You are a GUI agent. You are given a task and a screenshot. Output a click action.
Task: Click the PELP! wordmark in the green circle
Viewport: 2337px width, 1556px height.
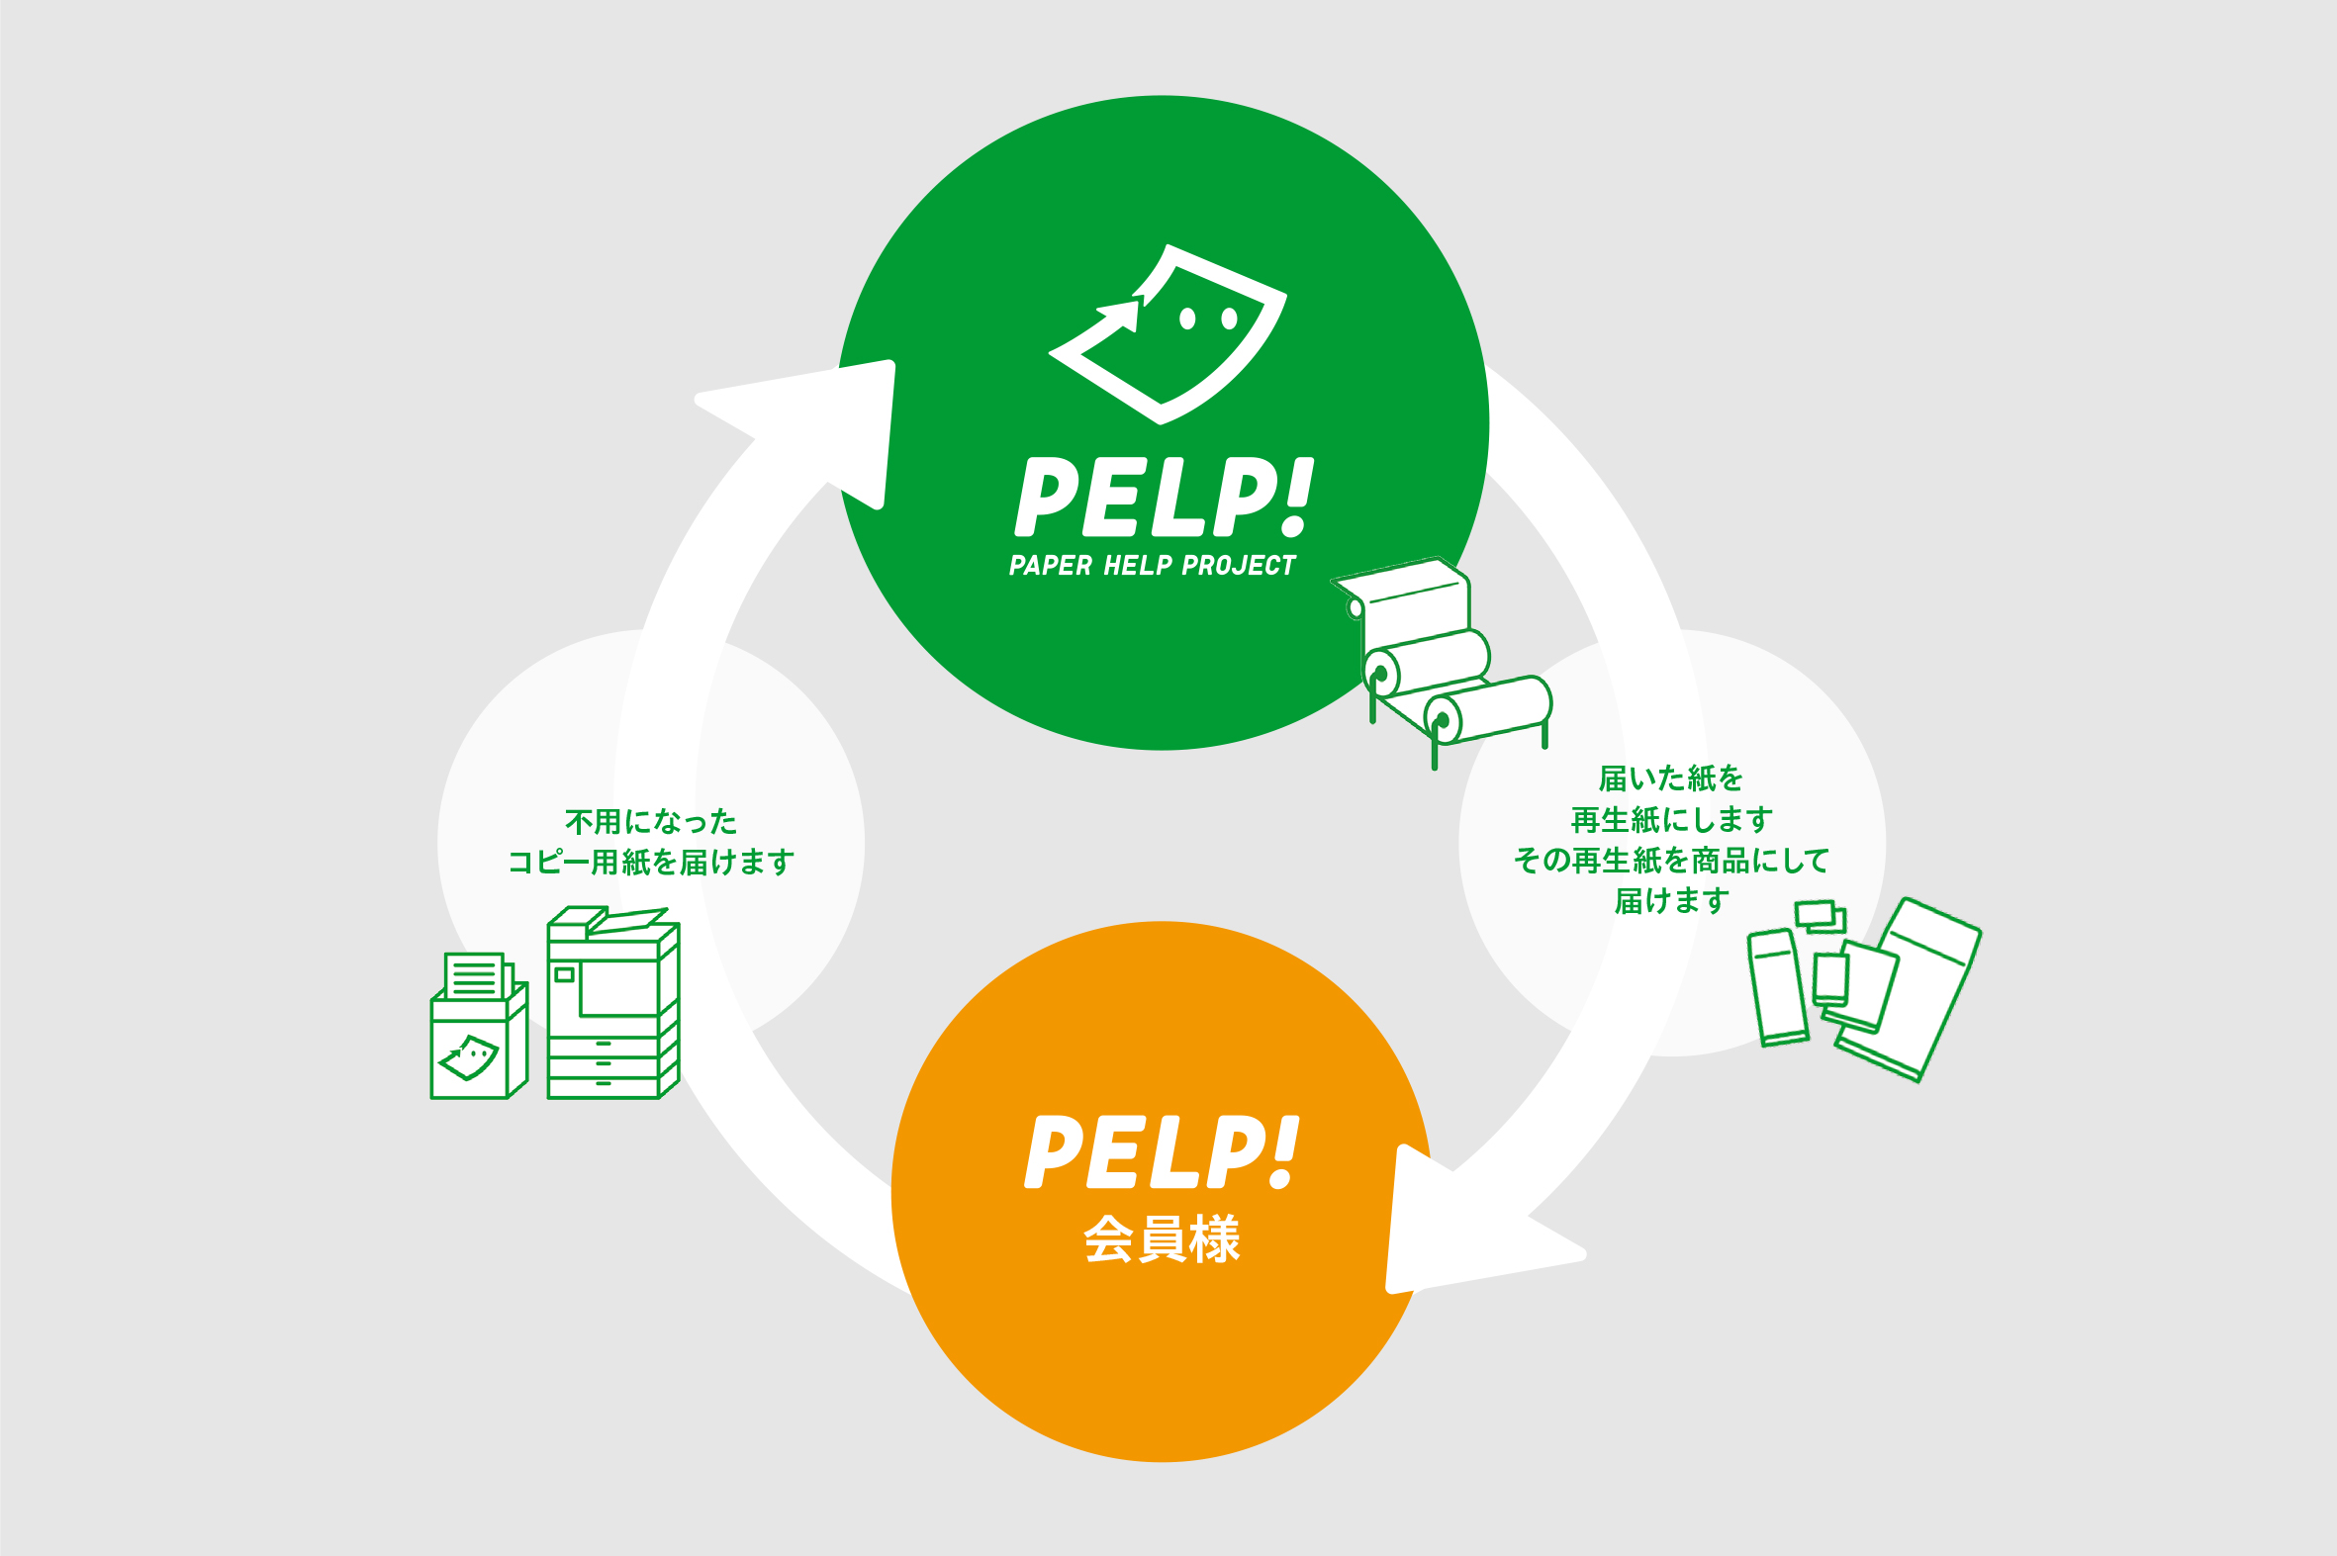coord(1163,498)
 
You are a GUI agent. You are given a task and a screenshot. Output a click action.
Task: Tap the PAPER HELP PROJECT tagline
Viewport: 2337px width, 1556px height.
coord(1152,566)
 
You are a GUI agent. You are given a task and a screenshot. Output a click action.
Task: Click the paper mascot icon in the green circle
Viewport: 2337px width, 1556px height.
coord(1168,334)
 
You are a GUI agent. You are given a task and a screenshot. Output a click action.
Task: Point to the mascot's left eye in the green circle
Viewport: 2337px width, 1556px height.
coord(1187,319)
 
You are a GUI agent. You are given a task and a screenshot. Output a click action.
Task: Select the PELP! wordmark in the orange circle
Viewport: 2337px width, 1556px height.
coord(1161,1152)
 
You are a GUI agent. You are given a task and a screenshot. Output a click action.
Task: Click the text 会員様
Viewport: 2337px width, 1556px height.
coord(1162,1238)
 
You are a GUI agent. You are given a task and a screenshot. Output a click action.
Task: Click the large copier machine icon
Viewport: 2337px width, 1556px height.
coord(613,1003)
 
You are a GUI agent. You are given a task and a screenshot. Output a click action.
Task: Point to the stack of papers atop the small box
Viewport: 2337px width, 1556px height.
coord(475,975)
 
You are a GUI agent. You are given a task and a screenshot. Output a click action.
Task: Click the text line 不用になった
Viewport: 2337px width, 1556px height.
coord(651,822)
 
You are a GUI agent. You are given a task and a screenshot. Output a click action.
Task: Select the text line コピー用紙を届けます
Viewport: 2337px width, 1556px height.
coord(651,862)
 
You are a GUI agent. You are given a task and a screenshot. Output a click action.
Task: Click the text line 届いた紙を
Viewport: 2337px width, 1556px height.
coord(1671,778)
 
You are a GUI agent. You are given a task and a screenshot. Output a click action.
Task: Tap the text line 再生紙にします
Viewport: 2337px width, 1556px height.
coord(1671,820)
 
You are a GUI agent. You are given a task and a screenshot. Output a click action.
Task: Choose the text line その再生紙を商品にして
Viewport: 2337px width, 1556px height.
coord(1671,860)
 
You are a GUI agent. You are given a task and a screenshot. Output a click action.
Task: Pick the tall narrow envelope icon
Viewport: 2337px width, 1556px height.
coord(1777,988)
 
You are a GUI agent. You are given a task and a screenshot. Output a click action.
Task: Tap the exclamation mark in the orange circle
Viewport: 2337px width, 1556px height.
coord(1284,1151)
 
